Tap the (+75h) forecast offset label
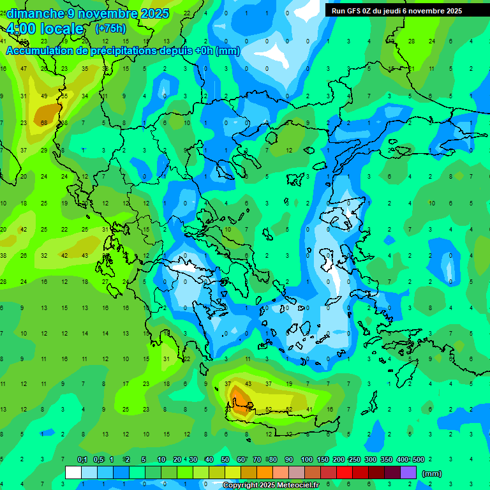[110, 29]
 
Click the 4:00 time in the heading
[20, 29]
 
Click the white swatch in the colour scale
[73, 473]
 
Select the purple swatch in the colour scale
[408, 473]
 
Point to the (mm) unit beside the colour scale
[432, 473]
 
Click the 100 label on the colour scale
[306, 459]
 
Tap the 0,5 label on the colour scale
[98, 459]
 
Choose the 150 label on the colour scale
[322, 459]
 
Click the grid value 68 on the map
[44, 122]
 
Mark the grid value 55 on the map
[64, 96]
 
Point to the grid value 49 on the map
[44, 96]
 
